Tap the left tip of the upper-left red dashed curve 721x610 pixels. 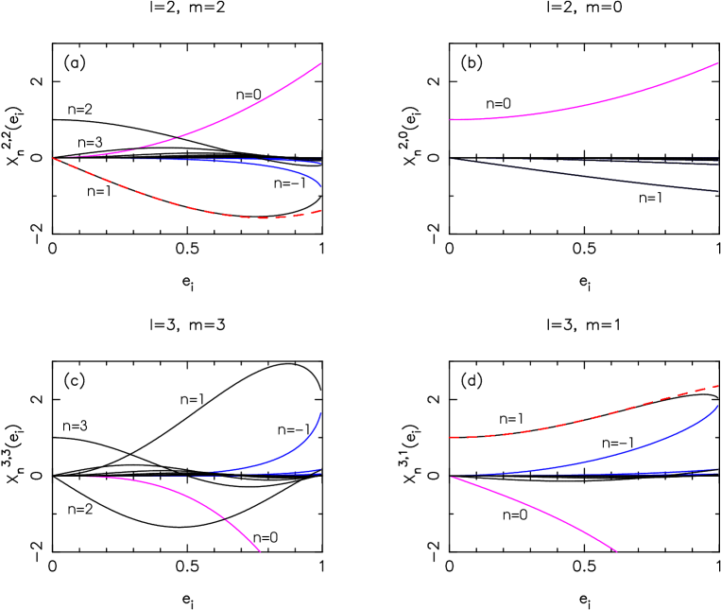point(52,158)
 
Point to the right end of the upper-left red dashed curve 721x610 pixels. point(321,211)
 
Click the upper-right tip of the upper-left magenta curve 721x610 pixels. point(321,63)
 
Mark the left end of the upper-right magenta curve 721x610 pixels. point(449,120)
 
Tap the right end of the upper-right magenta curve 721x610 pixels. point(718,63)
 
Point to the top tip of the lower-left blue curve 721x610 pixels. point(321,412)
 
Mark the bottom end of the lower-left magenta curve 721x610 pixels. point(260,551)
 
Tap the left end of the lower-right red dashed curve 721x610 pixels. point(449,438)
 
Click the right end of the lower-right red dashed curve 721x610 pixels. point(718,386)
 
